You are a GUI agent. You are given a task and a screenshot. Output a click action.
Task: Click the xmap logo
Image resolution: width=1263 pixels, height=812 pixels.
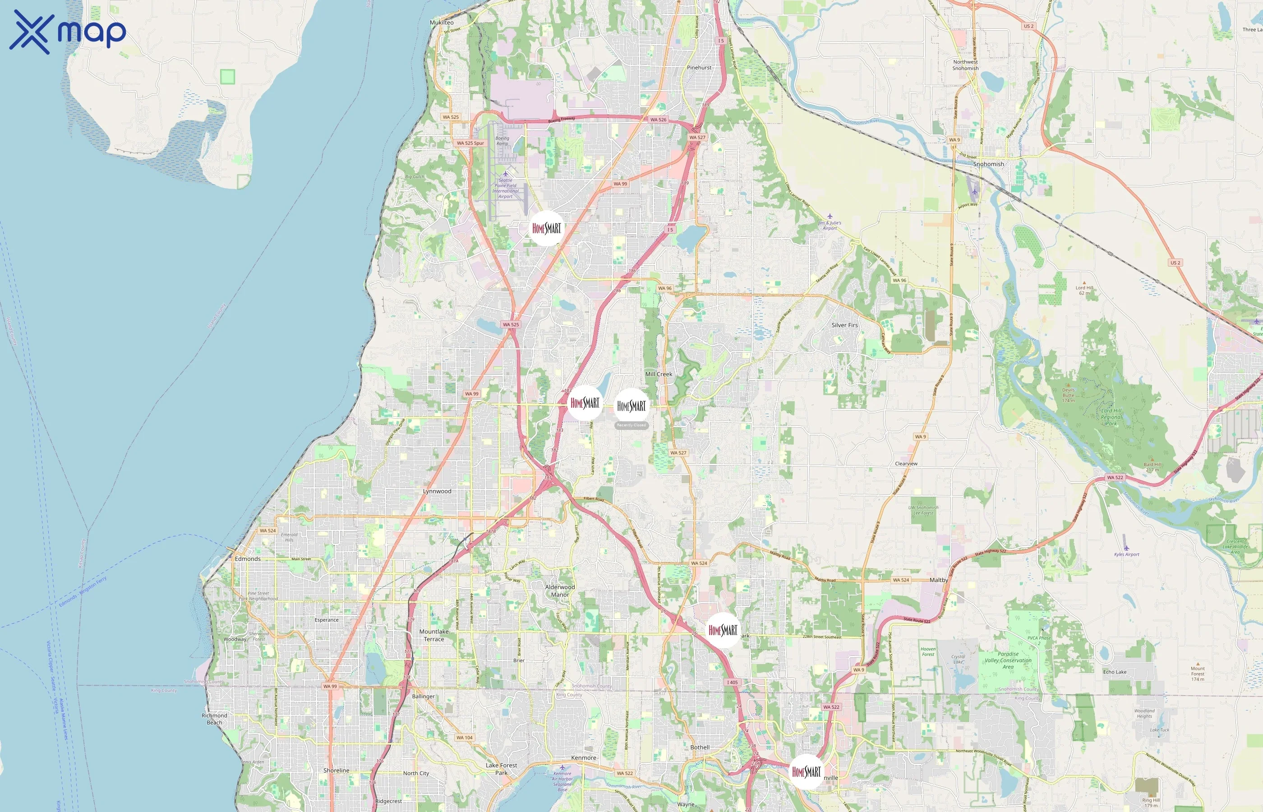(68, 32)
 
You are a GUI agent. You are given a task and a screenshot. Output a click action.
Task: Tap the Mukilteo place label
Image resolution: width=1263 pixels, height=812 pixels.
(441, 23)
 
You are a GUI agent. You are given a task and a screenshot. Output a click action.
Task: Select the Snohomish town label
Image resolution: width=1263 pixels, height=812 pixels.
(988, 164)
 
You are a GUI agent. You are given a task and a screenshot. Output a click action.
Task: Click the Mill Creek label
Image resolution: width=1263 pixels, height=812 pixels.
(659, 374)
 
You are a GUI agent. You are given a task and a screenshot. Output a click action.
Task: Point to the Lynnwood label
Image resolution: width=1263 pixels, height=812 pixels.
(437, 491)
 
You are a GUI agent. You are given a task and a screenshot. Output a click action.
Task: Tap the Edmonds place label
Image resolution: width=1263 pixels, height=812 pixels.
(247, 559)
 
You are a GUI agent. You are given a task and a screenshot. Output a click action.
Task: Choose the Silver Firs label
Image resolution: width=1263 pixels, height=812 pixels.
(844, 325)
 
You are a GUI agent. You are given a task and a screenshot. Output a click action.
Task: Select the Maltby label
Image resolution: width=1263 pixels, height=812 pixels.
(938, 580)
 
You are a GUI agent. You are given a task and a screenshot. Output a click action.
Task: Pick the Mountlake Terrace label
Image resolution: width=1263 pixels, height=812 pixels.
(434, 635)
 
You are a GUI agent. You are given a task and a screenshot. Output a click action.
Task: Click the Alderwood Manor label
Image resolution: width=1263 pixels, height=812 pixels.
(560, 591)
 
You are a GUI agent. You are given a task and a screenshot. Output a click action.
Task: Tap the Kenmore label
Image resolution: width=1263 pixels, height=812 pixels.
(584, 758)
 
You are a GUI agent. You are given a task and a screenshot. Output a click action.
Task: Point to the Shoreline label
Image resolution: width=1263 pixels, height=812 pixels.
(336, 770)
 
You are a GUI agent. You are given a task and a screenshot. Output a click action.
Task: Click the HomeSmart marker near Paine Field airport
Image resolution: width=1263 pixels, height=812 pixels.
(546, 228)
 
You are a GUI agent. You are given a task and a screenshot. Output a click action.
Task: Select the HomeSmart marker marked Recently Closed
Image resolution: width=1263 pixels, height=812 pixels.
(631, 406)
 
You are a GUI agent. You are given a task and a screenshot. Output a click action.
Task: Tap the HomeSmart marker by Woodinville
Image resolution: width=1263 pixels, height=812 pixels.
(806, 772)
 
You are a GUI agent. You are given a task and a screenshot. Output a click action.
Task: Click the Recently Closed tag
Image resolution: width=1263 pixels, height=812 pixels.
(631, 425)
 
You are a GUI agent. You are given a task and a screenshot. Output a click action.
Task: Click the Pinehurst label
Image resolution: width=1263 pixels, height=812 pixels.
(699, 68)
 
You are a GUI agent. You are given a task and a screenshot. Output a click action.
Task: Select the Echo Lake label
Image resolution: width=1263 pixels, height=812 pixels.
(1114, 672)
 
